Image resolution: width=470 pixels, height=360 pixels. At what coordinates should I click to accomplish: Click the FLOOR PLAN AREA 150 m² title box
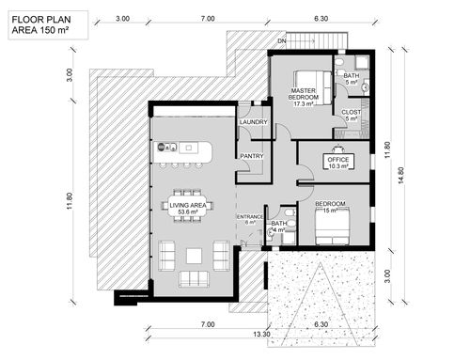click(x=48, y=25)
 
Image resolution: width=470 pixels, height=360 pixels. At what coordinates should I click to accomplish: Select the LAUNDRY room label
click(x=253, y=122)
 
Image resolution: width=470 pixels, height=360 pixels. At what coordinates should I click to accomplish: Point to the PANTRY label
click(x=252, y=156)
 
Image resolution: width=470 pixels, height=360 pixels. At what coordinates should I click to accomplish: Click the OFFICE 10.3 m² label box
click(x=338, y=162)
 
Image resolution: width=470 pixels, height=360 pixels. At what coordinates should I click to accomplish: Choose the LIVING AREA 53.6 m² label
click(x=188, y=209)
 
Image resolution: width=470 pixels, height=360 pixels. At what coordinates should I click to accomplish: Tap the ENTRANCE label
click(x=250, y=216)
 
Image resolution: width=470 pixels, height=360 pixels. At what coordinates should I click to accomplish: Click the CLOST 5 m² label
click(x=352, y=115)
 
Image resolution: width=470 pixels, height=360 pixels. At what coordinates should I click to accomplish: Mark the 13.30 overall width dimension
click(x=261, y=334)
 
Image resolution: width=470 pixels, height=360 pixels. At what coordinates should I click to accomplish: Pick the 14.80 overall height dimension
click(x=400, y=176)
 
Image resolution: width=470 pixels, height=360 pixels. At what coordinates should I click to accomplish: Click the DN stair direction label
click(x=281, y=41)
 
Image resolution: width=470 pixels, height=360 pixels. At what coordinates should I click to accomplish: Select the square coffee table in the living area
click(x=194, y=256)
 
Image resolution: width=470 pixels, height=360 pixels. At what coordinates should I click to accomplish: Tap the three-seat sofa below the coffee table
click(x=194, y=279)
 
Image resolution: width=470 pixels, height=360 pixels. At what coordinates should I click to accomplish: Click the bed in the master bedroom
click(x=312, y=87)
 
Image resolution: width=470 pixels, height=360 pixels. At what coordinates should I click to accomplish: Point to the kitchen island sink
click(x=188, y=148)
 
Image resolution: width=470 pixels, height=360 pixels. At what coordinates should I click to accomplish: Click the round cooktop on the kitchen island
click(x=161, y=147)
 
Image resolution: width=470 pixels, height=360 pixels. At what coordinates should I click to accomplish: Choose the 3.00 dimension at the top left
click(x=122, y=19)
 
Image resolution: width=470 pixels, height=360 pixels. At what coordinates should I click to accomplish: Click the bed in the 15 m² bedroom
click(x=332, y=227)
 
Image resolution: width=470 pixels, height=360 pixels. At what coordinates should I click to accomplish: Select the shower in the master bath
click(x=362, y=63)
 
